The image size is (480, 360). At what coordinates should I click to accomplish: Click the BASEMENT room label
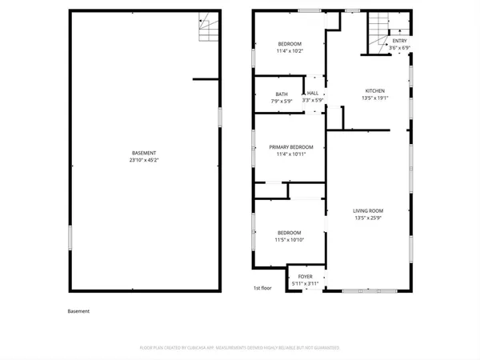[x=144, y=153]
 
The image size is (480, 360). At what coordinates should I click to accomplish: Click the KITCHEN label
[x=375, y=90]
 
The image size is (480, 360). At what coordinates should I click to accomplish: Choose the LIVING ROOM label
[x=369, y=210]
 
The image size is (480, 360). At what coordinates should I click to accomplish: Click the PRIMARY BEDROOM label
[x=290, y=146]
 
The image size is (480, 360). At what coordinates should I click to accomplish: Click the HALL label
[x=312, y=94]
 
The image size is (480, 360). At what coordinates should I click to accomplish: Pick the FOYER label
[x=306, y=276]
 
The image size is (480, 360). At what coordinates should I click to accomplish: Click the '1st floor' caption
[x=262, y=288]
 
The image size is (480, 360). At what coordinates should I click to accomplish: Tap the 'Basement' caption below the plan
[x=78, y=311]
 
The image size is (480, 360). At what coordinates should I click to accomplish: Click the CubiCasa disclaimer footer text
[x=240, y=348]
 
